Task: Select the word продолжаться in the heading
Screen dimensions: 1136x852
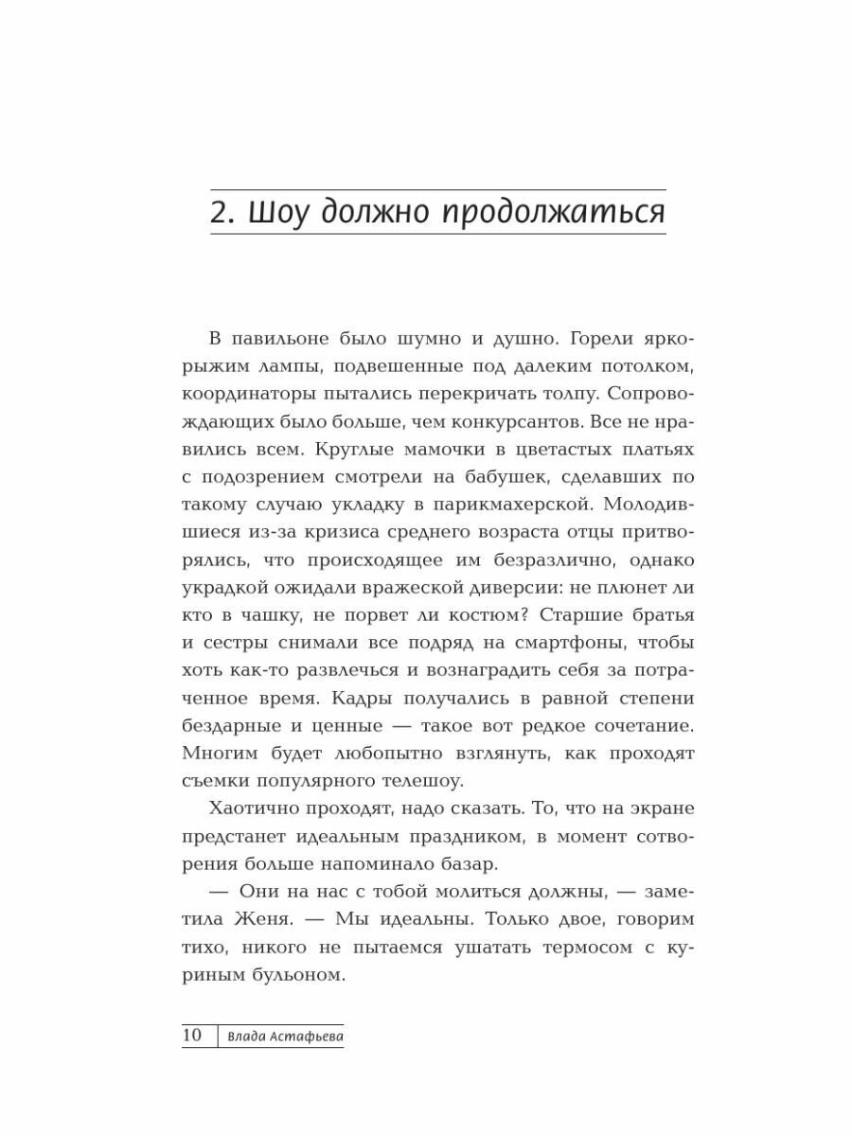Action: (x=555, y=213)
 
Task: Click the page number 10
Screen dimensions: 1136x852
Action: (x=192, y=1035)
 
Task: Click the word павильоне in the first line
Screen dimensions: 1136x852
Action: (x=284, y=340)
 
